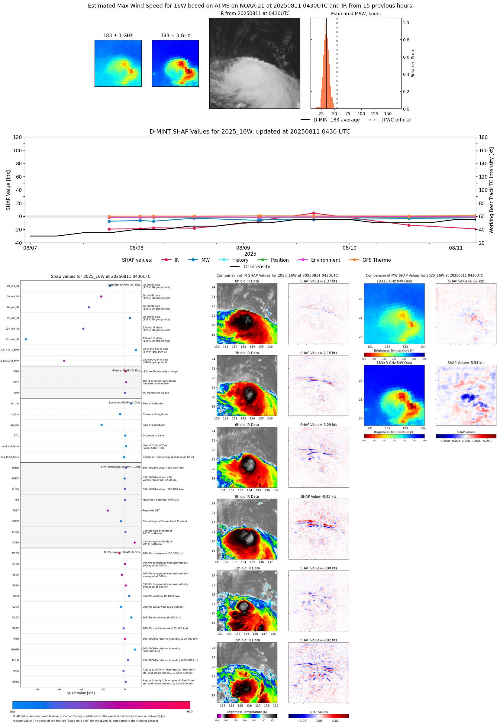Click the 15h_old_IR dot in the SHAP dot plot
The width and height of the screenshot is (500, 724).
click(x=26, y=339)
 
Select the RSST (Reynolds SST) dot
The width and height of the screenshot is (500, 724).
click(x=108, y=510)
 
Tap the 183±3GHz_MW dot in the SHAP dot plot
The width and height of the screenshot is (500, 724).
click(x=64, y=360)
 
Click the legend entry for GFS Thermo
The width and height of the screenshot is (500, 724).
click(x=376, y=260)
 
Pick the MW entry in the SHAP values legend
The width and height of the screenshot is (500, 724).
click(x=205, y=260)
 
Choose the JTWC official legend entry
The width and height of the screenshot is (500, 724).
click(x=396, y=120)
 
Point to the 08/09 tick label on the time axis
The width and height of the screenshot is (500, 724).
click(x=243, y=248)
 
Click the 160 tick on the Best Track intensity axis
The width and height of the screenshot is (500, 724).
click(x=483, y=150)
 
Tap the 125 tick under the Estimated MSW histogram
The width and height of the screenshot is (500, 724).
click(x=374, y=114)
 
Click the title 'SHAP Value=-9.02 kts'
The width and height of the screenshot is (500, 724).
click(x=318, y=640)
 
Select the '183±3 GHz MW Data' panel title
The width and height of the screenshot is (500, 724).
click(x=394, y=363)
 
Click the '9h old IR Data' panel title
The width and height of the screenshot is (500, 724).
click(x=247, y=496)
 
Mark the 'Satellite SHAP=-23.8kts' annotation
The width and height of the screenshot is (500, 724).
click(x=124, y=285)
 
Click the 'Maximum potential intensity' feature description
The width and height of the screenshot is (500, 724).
click(x=161, y=500)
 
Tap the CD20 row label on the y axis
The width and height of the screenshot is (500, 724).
click(x=15, y=542)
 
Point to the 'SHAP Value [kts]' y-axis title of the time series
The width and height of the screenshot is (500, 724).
click(x=8, y=190)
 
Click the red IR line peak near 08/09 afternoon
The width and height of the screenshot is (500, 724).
click(x=314, y=213)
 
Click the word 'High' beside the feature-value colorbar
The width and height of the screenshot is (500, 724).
click(x=190, y=712)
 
